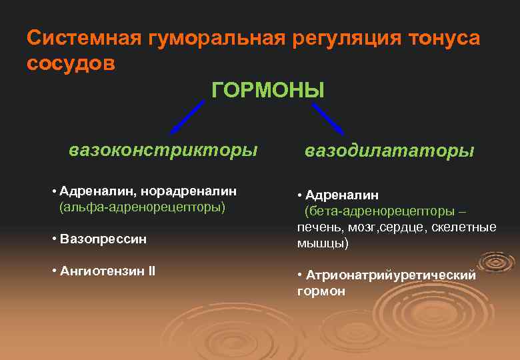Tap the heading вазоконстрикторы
click(x=163, y=149)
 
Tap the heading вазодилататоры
click(x=389, y=151)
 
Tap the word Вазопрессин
click(x=103, y=238)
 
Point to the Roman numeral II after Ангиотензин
click(x=151, y=271)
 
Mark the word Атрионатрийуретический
click(x=391, y=275)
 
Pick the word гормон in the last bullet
click(x=321, y=291)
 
